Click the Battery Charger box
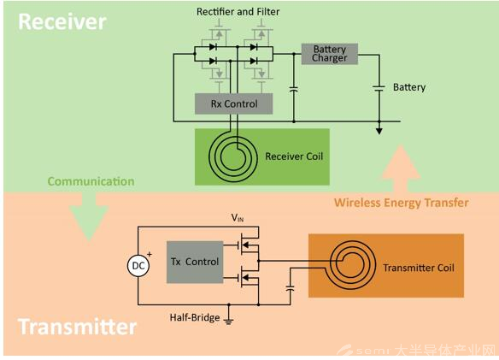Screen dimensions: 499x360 [329, 54]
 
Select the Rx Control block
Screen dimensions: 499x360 [233, 103]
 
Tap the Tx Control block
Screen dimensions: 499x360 [195, 262]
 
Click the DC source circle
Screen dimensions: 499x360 [138, 265]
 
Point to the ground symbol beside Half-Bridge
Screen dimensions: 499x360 [228, 320]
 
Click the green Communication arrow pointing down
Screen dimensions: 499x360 [89, 216]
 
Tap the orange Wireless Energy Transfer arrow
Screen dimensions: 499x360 [401, 168]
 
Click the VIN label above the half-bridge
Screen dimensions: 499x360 [238, 218]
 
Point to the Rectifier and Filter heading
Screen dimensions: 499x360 [238, 12]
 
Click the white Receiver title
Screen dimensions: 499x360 [62, 21]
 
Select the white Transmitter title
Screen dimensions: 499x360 [78, 327]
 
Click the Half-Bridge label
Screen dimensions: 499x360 [195, 317]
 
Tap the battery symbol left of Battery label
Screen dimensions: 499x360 [379, 88]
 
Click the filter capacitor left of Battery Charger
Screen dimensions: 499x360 [294, 89]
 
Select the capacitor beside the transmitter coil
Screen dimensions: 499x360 [290, 288]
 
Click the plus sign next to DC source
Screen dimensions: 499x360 [150, 254]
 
